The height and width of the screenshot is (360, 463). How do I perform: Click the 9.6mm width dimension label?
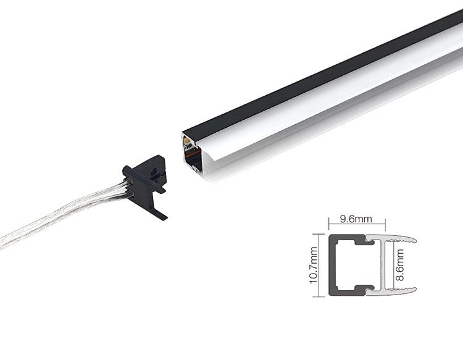(356, 219)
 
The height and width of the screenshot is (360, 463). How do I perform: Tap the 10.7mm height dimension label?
(313, 265)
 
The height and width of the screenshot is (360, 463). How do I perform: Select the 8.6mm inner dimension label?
(399, 265)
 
